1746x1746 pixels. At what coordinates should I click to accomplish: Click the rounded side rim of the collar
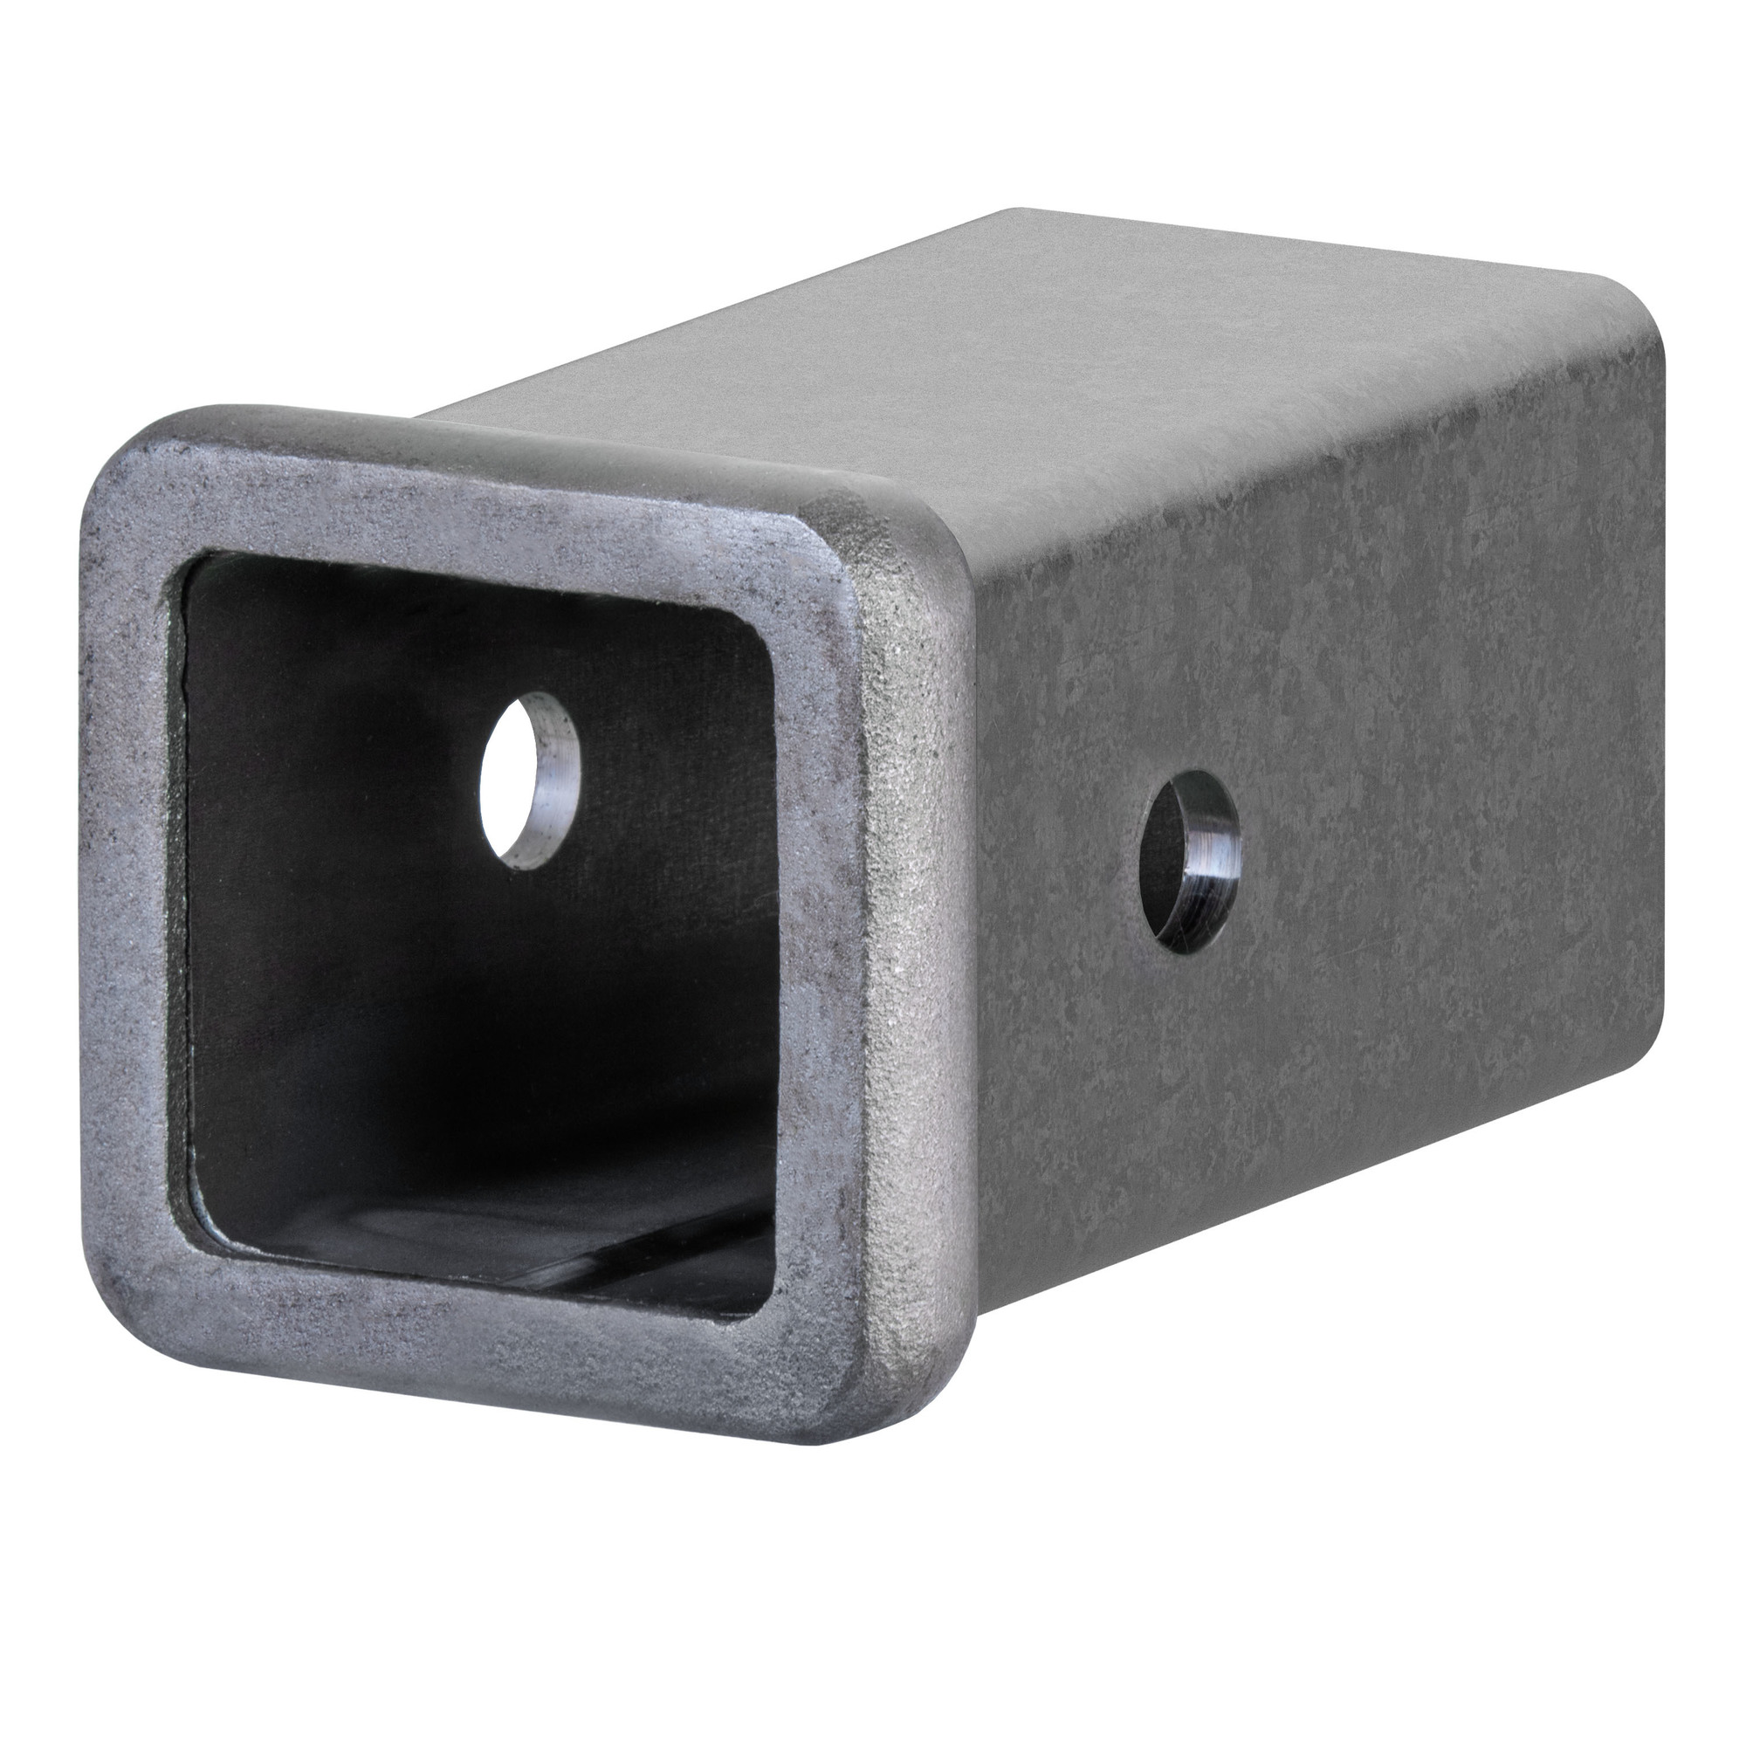click(x=913, y=994)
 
